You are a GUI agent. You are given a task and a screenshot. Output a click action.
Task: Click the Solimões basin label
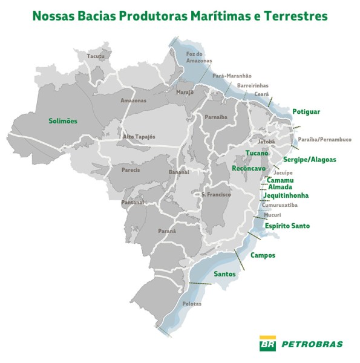click(x=63, y=121)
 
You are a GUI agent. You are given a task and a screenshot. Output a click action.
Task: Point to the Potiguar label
click(x=306, y=112)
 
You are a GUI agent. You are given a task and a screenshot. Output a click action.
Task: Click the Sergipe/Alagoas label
click(x=309, y=160)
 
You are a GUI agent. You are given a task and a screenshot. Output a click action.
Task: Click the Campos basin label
click(x=263, y=255)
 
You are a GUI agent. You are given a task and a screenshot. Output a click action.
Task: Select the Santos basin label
click(x=224, y=274)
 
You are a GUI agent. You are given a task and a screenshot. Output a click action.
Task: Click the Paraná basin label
click(x=167, y=231)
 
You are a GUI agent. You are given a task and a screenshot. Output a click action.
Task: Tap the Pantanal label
click(x=133, y=203)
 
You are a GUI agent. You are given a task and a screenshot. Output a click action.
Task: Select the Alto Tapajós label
click(x=140, y=137)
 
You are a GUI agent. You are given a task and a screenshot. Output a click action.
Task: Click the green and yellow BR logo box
click(x=267, y=344)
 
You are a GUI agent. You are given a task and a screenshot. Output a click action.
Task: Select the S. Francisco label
click(x=216, y=194)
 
